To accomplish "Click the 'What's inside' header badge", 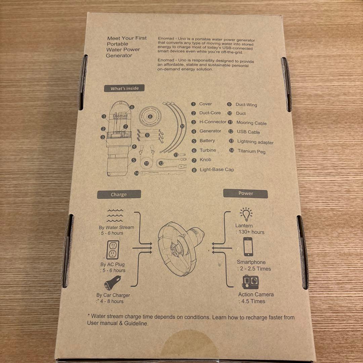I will click(x=125, y=88).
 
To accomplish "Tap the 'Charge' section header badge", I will click(x=119, y=194).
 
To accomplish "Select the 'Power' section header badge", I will click(x=246, y=194).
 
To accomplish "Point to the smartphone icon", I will click(x=248, y=247).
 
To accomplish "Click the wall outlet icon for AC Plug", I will click(x=113, y=250).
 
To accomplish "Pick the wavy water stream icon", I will click(x=115, y=215).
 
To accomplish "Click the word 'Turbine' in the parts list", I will click(x=208, y=150).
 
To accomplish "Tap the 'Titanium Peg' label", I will click(x=251, y=151).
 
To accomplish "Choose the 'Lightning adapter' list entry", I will click(x=255, y=142).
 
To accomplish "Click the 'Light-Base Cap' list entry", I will click(x=217, y=170).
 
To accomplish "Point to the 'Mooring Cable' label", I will click(x=251, y=123).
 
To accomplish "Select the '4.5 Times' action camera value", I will click(x=253, y=301).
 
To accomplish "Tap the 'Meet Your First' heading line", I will click(x=127, y=38).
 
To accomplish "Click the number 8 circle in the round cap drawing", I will click(x=150, y=117).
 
